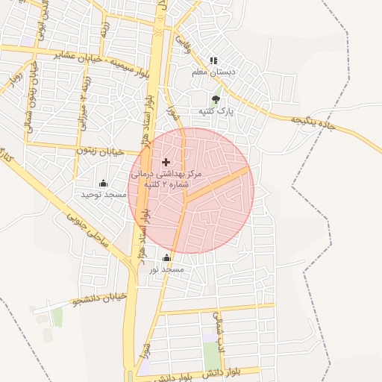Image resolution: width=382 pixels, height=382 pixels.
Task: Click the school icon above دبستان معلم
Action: click(213, 60)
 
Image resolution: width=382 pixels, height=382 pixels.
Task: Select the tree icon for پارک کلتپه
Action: click(216, 98)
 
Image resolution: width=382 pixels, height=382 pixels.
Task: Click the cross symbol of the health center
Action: click(166, 161)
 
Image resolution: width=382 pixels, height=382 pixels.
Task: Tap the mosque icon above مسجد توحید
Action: click(103, 183)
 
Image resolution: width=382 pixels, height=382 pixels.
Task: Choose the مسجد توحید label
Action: click(103, 194)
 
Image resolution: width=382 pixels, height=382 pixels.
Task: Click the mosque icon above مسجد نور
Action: click(166, 257)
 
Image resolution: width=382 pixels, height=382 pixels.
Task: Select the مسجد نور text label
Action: click(164, 269)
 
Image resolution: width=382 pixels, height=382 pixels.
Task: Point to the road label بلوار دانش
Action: click(210, 372)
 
